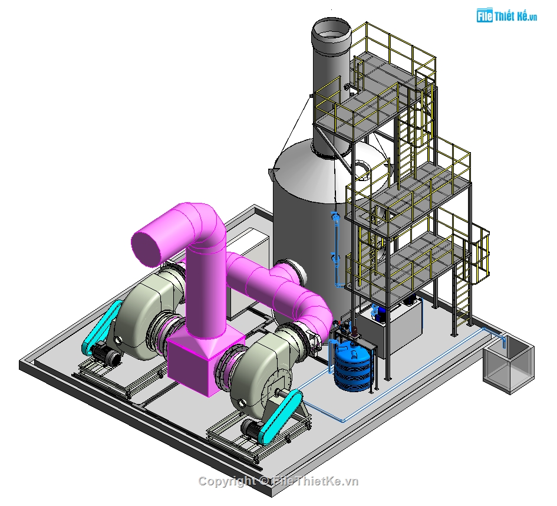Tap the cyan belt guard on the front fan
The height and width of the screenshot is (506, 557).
tap(281, 416)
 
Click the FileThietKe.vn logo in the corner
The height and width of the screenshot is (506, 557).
tap(506, 16)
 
